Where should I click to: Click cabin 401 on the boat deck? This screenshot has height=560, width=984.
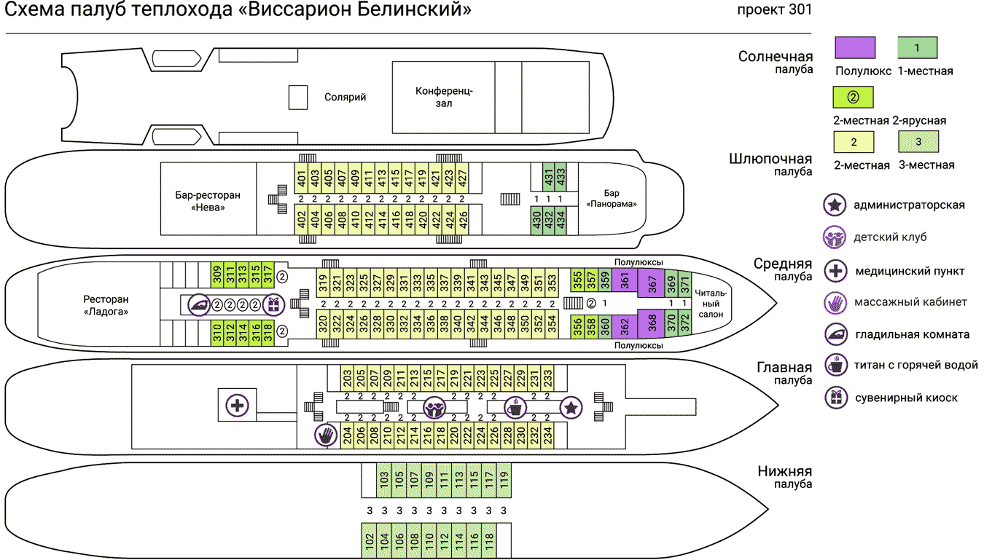[301, 177]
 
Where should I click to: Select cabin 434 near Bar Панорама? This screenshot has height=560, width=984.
[561, 221]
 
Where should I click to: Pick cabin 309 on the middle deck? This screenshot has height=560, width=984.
[217, 275]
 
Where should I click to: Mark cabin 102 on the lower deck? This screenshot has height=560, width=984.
[370, 541]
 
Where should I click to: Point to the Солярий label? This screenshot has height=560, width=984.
[345, 97]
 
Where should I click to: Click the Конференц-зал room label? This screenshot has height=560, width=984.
[444, 97]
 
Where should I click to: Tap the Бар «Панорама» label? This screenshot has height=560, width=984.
[612, 199]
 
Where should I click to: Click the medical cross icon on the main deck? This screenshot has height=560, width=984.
[236, 405]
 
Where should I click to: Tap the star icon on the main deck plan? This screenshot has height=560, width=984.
[571, 407]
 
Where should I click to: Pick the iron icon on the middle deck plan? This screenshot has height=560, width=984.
[199, 305]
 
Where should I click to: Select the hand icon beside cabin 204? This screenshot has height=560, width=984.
[326, 435]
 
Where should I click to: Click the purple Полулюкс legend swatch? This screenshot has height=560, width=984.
[854, 47]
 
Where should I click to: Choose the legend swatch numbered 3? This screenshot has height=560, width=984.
[918, 141]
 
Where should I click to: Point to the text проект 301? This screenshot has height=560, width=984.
[775, 10]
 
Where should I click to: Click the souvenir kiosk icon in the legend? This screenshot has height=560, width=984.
[835, 397]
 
